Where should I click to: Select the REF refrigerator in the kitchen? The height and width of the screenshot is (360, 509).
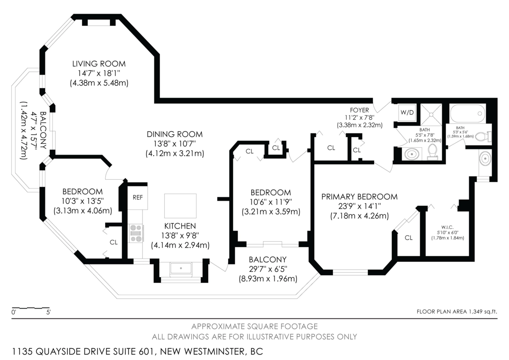pos(138,197)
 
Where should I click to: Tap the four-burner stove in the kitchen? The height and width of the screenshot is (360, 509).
pos(136,233)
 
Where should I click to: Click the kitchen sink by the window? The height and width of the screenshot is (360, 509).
pos(181,269)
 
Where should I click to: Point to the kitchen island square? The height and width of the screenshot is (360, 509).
pos(180,206)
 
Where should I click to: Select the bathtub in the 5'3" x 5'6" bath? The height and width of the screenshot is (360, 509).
pos(467,113)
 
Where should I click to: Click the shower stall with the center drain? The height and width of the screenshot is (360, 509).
pos(431,114)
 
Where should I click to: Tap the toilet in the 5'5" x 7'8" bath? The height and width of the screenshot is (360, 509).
pos(432,152)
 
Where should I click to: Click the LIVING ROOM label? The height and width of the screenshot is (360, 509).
pos(99,64)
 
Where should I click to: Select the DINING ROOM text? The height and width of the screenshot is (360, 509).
pos(174,134)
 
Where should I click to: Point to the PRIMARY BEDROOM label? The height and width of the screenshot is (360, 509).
pos(359,197)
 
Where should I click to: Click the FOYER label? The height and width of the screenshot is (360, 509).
pos(359,110)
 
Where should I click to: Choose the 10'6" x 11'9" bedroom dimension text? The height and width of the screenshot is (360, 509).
pos(271,202)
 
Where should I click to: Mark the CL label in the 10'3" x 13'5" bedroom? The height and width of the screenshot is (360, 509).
pos(113,242)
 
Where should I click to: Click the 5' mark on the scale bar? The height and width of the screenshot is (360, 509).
pos(49,312)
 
